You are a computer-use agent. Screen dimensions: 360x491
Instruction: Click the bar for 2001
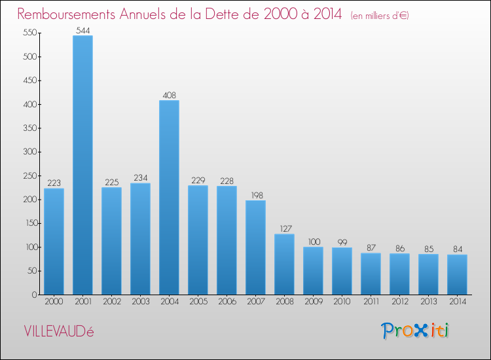(82, 165)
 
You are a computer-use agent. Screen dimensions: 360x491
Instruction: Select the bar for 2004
(169, 197)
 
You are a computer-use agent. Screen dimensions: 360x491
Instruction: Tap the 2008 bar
(284, 264)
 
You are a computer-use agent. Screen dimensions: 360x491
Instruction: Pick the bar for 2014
(457, 274)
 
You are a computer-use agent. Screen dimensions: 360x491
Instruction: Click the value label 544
(82, 29)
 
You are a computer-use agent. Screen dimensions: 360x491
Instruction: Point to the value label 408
(169, 95)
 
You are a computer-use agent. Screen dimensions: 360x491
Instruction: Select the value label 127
(284, 228)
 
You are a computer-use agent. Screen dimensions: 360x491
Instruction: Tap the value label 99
(342, 242)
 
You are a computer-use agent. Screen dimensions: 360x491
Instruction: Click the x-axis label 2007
(255, 302)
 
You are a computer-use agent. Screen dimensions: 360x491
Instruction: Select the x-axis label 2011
(371, 302)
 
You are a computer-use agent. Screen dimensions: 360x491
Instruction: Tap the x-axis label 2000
(54, 302)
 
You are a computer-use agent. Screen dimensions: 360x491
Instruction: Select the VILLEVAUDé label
(59, 331)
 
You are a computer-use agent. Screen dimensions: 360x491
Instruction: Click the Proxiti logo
(416, 331)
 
